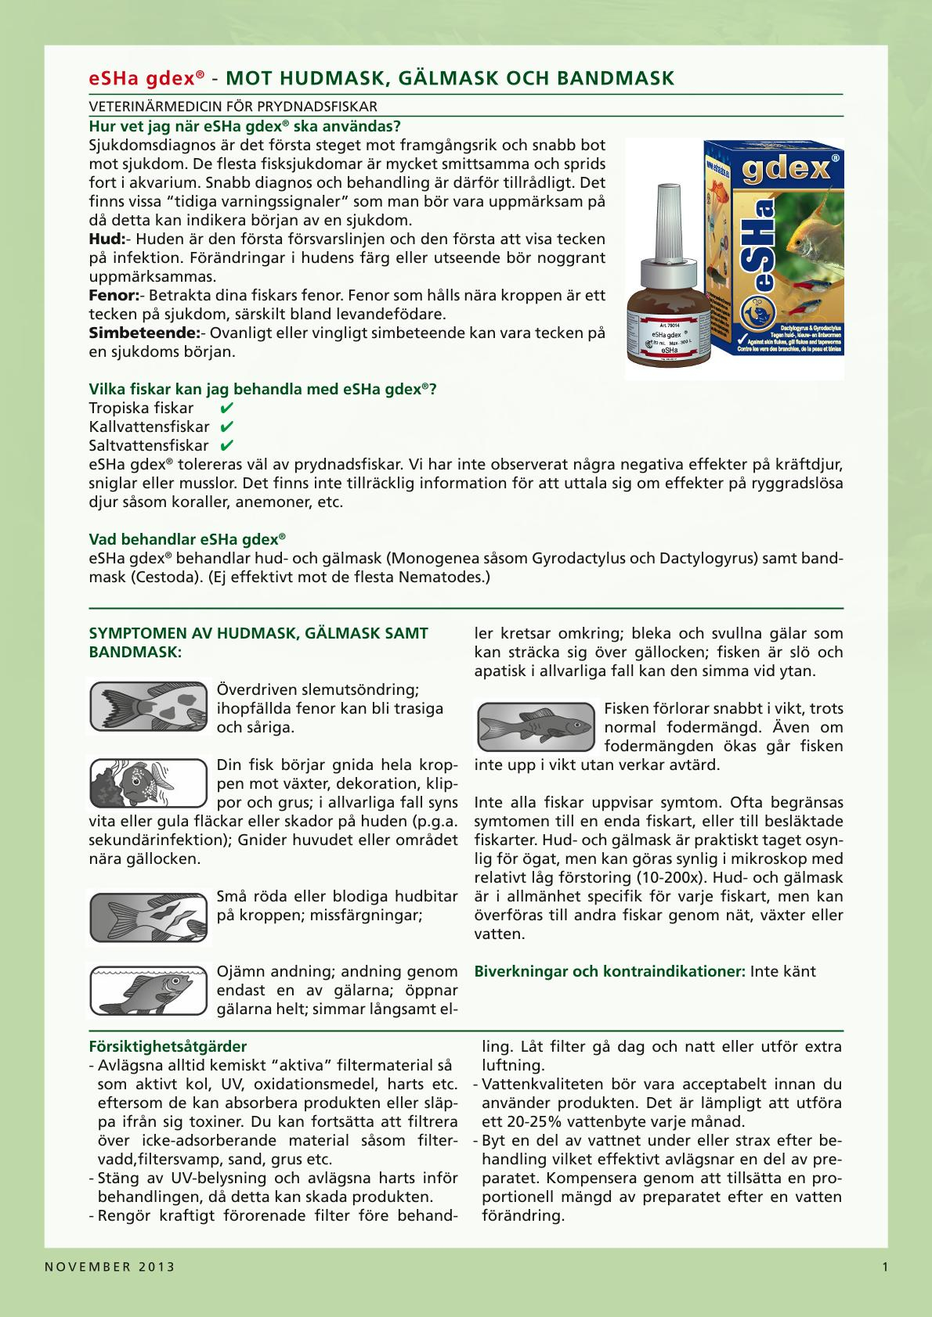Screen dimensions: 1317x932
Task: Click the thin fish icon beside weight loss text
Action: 536,724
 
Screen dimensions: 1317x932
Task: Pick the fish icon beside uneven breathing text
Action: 149,990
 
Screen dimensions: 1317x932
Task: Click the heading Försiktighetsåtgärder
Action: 168,1046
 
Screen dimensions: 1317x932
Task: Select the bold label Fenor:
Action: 114,296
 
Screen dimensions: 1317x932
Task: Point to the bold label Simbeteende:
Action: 144,333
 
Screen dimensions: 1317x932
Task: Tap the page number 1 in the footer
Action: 885,1267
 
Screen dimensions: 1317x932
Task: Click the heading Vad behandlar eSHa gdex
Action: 186,539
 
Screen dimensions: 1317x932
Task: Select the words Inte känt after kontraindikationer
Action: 782,971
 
